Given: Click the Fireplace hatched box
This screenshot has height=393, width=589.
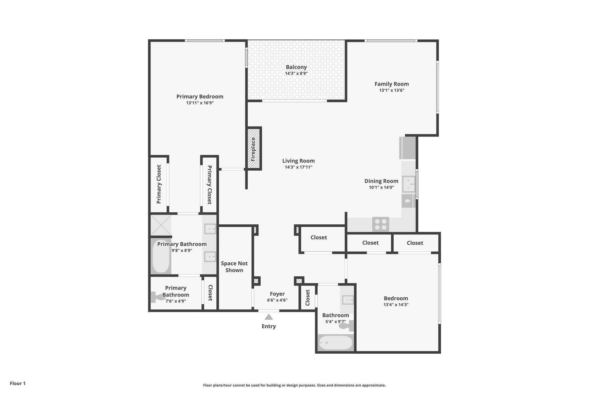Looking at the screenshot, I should pos(254,148).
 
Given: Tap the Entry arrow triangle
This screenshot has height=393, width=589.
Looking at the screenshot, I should pos(269,317).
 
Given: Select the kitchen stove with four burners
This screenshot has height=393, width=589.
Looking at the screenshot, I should pos(381,224).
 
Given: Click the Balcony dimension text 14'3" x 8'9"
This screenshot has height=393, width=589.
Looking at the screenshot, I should pos(296,73).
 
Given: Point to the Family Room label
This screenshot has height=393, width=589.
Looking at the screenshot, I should pos(391,84).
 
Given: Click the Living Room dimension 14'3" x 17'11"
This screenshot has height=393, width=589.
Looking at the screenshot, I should pos(298,167).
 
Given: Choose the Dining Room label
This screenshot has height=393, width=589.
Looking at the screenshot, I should pos(381,181).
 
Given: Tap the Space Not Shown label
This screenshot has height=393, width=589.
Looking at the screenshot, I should pos(234,267).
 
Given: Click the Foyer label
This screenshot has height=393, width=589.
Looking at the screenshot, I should pos(277,294).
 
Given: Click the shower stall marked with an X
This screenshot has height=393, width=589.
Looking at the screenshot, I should pos(161,225).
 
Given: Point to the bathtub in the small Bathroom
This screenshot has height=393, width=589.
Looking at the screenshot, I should pos(335,343).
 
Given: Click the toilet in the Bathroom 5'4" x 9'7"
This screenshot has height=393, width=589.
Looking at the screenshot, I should pos(346,326).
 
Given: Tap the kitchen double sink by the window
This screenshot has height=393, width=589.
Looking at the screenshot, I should pos(408,184).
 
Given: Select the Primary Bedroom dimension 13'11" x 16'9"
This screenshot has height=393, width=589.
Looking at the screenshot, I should pos(200,103).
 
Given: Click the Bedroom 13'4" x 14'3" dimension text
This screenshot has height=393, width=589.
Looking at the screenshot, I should pos(396,305).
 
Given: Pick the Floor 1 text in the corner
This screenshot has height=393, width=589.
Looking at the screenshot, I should pos(18,384).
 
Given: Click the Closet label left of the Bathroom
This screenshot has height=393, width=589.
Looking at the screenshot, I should pos(308,297).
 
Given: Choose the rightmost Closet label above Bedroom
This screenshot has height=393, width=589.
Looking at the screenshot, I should pos(415,243).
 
